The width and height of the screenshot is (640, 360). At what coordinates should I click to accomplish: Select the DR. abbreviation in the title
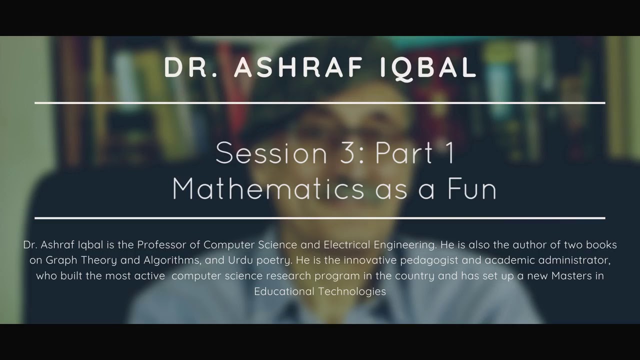pos(190,68)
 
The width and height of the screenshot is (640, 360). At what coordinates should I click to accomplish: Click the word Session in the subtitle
pos(269,153)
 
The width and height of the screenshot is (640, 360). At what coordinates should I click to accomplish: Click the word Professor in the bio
pos(160,245)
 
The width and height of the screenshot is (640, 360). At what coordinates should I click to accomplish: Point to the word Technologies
pos(354,291)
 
